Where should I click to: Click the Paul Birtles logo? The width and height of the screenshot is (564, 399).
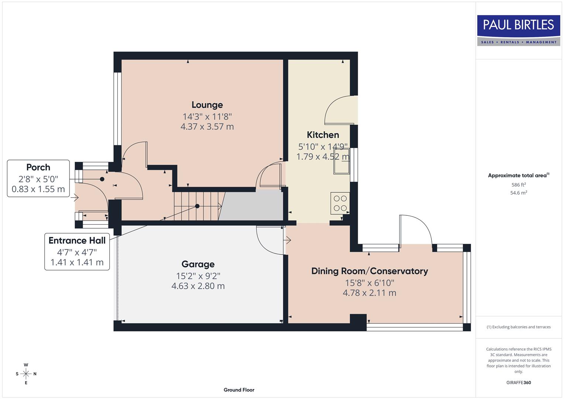(518, 30)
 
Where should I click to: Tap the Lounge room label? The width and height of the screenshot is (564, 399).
(207, 105)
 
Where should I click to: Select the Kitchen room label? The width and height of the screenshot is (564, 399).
(322, 135)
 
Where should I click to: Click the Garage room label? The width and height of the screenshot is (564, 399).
(198, 264)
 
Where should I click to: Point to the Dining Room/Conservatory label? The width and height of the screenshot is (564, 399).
(369, 271)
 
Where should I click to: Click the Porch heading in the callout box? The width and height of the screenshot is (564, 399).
(38, 167)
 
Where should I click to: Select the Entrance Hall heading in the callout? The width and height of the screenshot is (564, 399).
(77, 241)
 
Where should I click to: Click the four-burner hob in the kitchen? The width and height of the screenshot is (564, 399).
(340, 203)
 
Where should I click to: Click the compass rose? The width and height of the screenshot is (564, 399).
(26, 374)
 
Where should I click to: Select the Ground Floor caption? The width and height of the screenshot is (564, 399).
(239, 390)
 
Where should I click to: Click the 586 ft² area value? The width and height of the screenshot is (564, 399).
(518, 185)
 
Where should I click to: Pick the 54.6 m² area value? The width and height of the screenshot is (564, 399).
(518, 193)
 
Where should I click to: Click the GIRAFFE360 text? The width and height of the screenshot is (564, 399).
(518, 382)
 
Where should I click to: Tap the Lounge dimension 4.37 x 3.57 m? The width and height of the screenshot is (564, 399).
(207, 127)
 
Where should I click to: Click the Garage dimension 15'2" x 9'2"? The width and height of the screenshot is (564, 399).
(198, 276)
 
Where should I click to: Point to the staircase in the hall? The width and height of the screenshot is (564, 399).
(198, 206)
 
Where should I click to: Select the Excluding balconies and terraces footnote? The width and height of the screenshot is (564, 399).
(518, 327)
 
